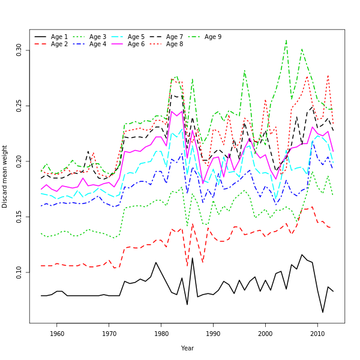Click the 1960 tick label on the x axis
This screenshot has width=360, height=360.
pyautogui.click(x=57, y=334)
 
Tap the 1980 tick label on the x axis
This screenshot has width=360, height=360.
pyautogui.click(x=161, y=334)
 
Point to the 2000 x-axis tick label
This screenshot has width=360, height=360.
pyautogui.click(x=265, y=334)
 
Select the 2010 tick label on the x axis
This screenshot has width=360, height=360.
pyautogui.click(x=317, y=334)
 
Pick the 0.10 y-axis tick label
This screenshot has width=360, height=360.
pyautogui.click(x=19, y=272)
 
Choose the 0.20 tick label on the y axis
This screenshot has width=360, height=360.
pyautogui.click(x=19, y=161)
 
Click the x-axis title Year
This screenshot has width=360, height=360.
pyautogui.click(x=187, y=348)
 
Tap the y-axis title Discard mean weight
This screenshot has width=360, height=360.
pyautogui.click(x=5, y=176)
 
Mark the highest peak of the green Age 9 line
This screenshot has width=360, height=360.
pyautogui.click(x=286, y=40)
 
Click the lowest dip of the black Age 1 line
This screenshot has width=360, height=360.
pyautogui.click(x=323, y=313)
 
